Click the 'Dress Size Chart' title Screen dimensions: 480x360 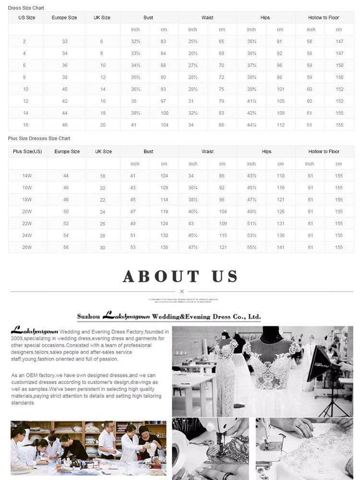click(26, 8)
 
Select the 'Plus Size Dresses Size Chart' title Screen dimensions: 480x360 click(39, 138)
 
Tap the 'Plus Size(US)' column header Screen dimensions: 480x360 click(27, 152)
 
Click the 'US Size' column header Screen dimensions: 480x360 click(27, 18)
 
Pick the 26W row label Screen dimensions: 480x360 click(27, 248)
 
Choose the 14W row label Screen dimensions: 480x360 click(27, 176)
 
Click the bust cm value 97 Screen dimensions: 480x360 click(163, 101)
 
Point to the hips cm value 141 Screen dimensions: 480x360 click(281, 248)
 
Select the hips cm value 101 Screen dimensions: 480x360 click(281, 89)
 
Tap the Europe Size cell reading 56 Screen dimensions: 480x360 click(66, 248)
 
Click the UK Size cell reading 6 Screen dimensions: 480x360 click(102, 42)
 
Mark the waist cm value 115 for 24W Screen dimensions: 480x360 click(223, 236)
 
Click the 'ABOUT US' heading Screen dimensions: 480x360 click(180, 276)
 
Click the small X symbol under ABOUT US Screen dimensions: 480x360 click(181, 291)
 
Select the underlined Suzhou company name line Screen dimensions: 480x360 click(169, 317)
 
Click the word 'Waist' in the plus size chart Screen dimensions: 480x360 click(208, 152)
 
